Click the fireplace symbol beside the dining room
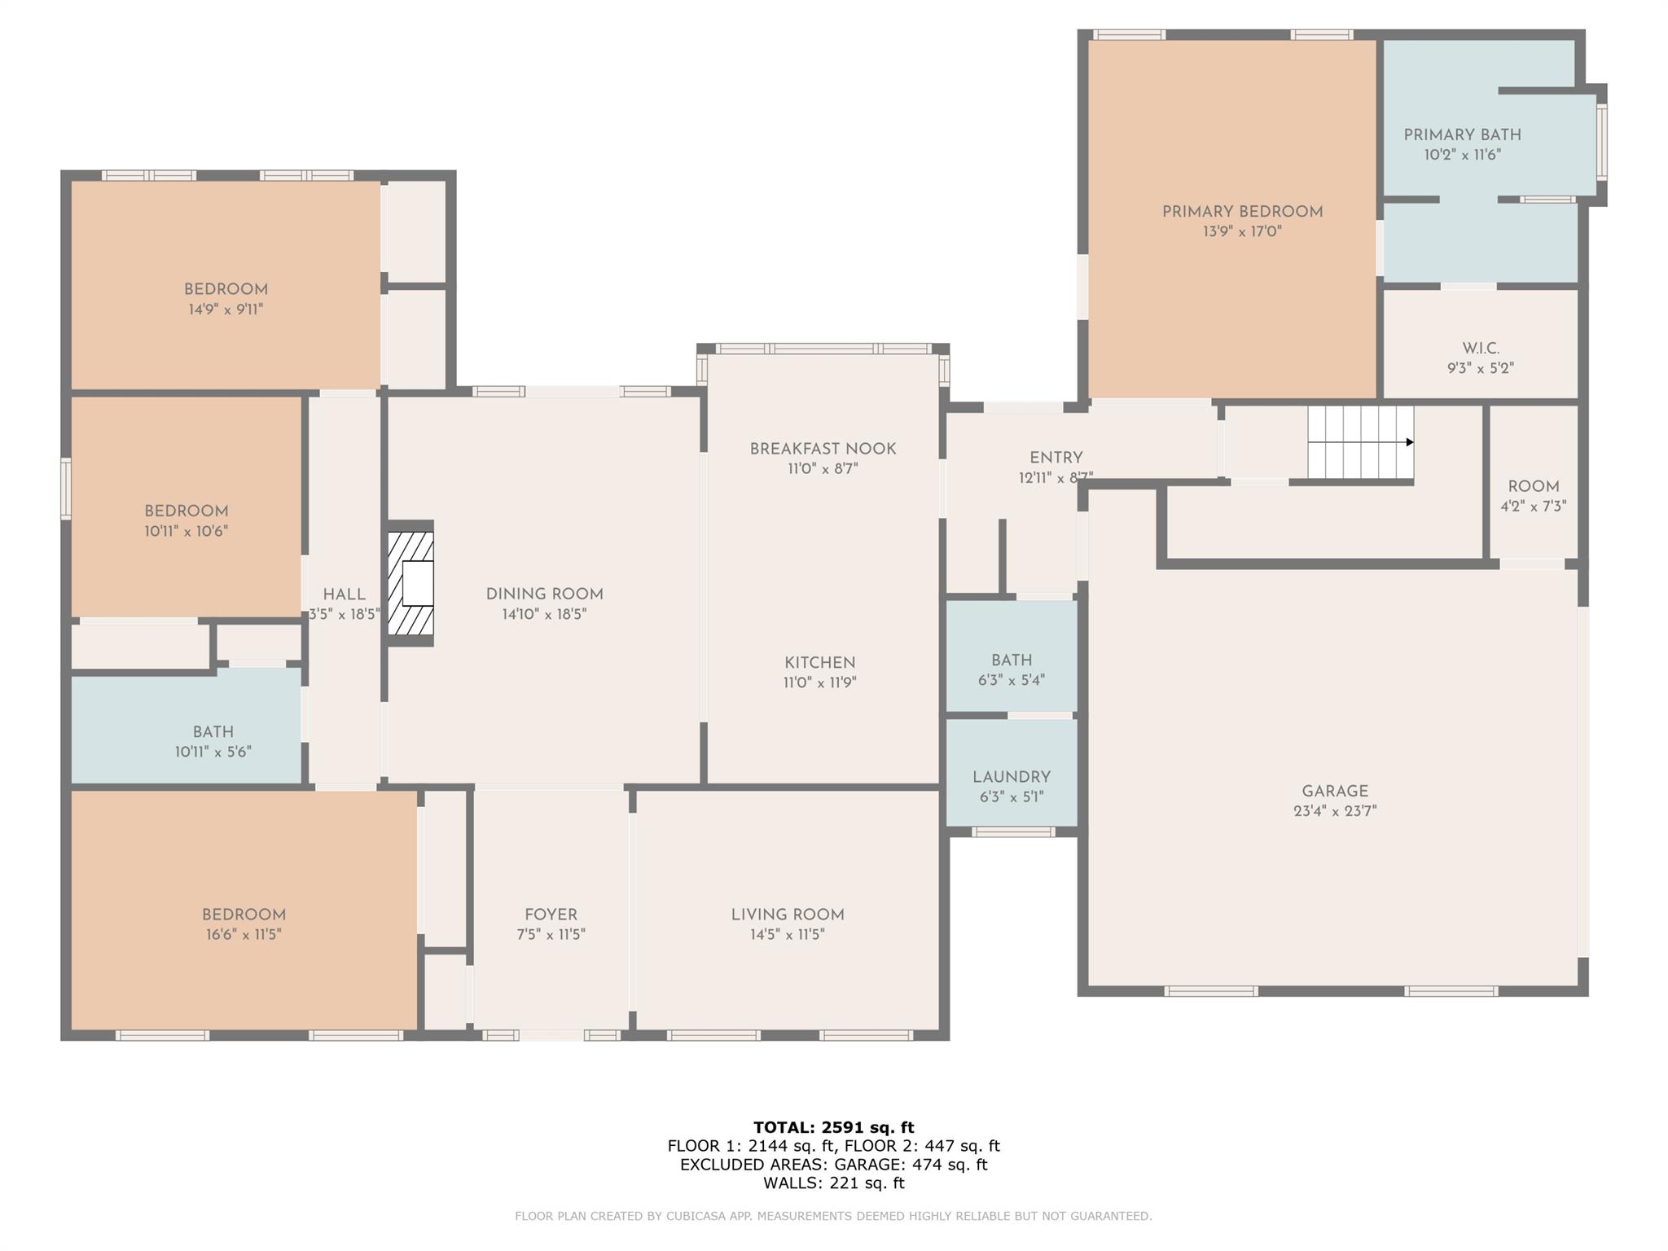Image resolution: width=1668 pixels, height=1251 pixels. (x=410, y=583)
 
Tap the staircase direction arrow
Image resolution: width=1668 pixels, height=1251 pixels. (x=1361, y=442)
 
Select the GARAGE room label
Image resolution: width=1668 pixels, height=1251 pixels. (x=1334, y=791)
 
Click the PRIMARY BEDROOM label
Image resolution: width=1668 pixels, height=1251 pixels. (x=1242, y=212)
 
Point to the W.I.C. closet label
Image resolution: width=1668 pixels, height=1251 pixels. (x=1481, y=349)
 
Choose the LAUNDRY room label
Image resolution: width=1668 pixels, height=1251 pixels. (x=1012, y=777)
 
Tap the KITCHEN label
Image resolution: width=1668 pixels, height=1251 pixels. (x=819, y=663)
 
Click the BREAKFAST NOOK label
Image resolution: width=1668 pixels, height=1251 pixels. (x=823, y=449)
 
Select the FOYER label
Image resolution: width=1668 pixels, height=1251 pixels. (x=551, y=915)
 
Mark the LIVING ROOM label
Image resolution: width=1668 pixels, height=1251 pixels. (x=788, y=915)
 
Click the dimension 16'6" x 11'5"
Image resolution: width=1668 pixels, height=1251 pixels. (x=244, y=934)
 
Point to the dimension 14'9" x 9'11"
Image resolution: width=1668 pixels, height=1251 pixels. (x=226, y=309)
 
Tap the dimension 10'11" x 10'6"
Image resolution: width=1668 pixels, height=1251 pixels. (x=187, y=531)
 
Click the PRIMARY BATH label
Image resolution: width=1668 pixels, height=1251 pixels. (x=1462, y=135)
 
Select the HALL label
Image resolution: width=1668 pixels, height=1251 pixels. (x=344, y=595)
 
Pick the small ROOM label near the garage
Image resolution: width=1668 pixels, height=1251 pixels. (x=1534, y=486)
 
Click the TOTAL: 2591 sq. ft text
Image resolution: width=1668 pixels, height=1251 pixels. (x=833, y=1127)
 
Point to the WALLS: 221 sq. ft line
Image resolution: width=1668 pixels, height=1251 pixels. (x=833, y=1183)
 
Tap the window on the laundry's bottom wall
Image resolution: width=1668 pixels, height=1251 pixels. (x=1013, y=832)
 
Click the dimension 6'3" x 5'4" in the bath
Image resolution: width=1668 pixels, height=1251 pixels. (x=1012, y=680)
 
